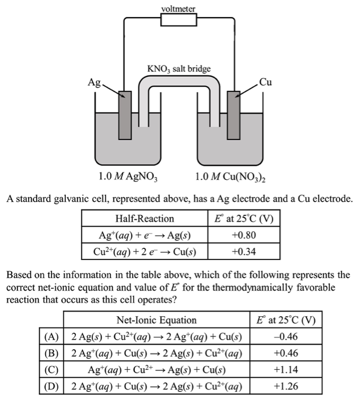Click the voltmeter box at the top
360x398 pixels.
(178, 19)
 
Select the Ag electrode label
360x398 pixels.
(95, 82)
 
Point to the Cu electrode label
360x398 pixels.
(265, 82)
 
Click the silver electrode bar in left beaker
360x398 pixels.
(125, 114)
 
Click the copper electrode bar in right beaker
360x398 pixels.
(233, 114)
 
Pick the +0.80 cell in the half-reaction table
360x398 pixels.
(244, 235)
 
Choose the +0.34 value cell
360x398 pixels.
(244, 252)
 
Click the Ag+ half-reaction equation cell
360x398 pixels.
(144, 235)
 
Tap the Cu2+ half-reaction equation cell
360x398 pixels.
(144, 252)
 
